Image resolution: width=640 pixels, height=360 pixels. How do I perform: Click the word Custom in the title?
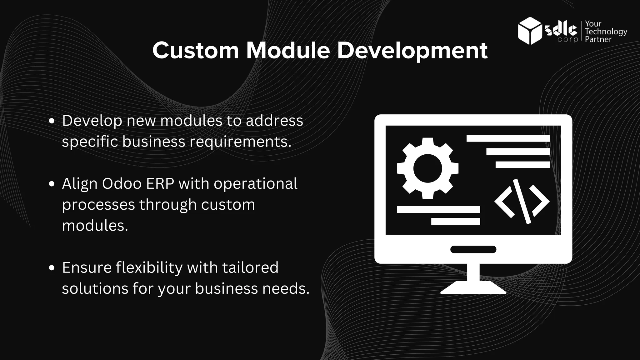(x=196, y=50)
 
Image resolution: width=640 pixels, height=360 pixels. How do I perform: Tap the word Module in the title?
(x=288, y=50)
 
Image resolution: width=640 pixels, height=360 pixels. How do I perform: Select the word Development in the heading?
(x=412, y=51)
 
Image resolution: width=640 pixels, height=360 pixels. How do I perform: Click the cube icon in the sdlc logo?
(x=530, y=31)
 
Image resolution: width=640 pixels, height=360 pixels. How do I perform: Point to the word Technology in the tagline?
(x=606, y=32)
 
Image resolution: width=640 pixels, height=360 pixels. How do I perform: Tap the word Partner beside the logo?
(x=598, y=39)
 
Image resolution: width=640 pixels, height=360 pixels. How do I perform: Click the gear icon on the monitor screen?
(x=427, y=168)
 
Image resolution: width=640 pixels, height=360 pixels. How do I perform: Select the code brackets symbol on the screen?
(x=522, y=201)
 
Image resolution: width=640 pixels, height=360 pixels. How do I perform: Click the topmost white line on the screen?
(x=508, y=138)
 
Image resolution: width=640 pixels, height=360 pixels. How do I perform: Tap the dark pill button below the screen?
(x=473, y=249)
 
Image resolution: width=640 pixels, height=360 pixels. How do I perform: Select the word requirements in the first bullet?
(x=240, y=142)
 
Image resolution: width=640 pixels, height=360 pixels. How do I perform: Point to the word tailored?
(x=250, y=267)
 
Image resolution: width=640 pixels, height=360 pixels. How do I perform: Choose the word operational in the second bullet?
(x=255, y=184)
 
